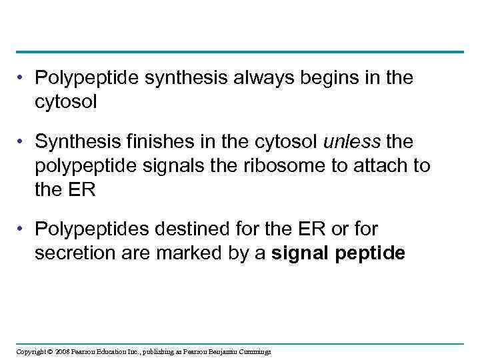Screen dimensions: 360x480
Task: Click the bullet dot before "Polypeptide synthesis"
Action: point(23,79)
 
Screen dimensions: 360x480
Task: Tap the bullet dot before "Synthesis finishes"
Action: point(23,141)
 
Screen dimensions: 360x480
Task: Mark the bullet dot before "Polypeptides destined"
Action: point(23,229)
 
